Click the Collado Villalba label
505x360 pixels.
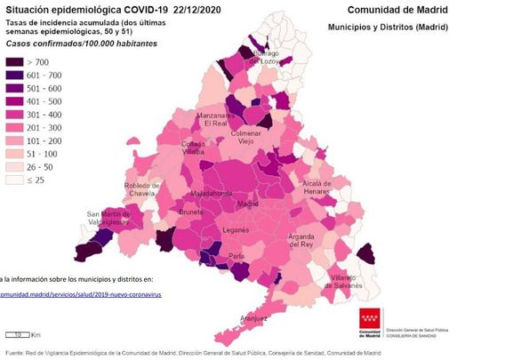pos(195,148)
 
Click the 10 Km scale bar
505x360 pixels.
pos(20,335)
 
